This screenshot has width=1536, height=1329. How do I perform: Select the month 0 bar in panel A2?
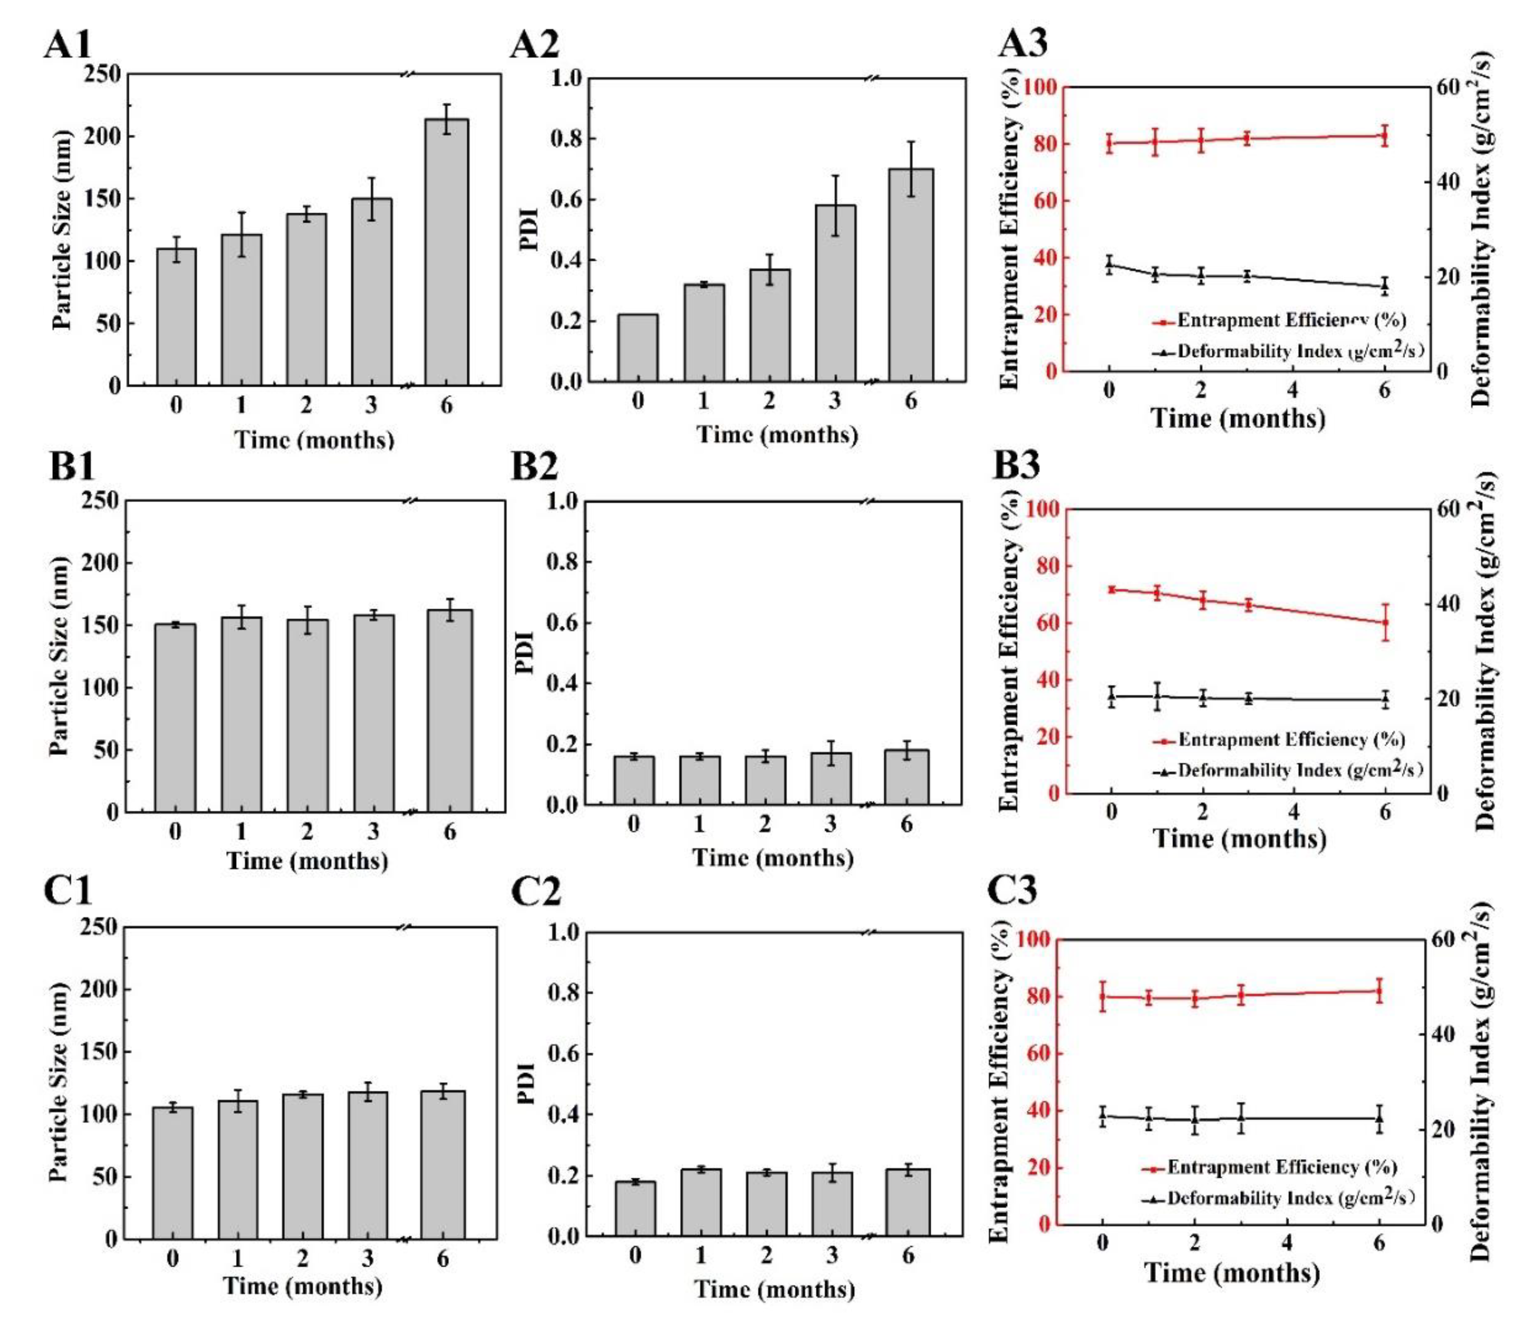(637, 348)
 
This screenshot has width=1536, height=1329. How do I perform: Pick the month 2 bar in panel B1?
(308, 715)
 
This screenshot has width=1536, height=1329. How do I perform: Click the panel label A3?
(1023, 44)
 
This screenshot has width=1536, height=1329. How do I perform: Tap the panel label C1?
(68, 890)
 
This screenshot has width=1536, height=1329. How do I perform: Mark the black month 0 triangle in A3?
(1109, 264)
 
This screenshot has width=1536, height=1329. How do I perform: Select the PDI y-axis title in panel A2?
(527, 230)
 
